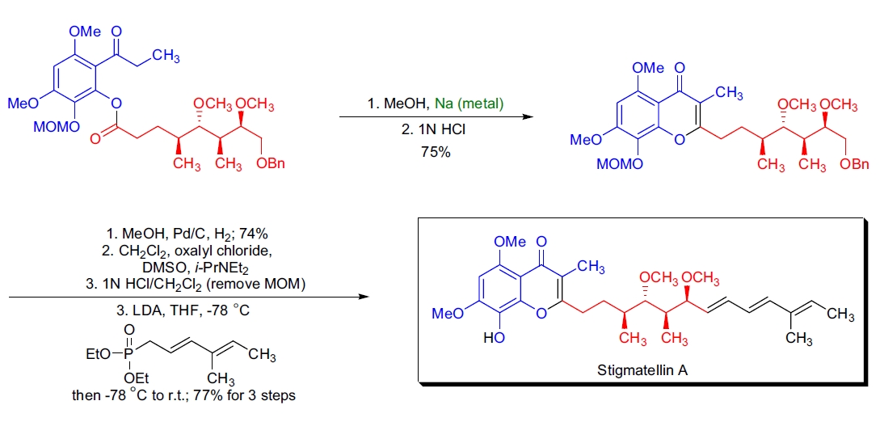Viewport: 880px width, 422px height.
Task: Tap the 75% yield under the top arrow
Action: click(435, 151)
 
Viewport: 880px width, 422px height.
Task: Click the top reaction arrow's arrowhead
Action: click(527, 118)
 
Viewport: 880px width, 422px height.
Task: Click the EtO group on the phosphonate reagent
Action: click(99, 353)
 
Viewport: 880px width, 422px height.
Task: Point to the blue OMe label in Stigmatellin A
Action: click(510, 241)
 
